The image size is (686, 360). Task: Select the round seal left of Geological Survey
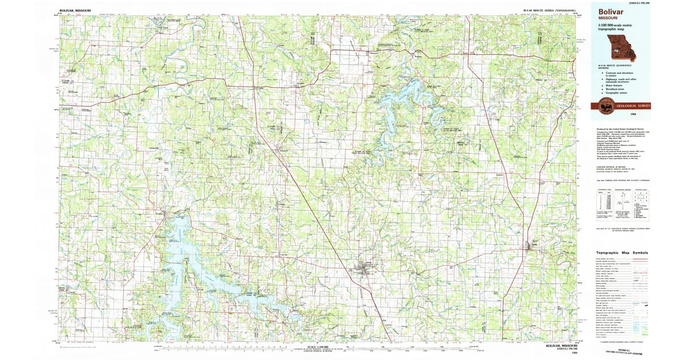coord(606,105)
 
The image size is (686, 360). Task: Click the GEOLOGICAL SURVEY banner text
coord(633,105)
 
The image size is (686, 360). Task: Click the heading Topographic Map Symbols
coord(624,252)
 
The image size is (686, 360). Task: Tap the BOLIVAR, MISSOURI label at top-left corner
coord(77,10)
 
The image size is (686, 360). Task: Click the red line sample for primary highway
coord(640,259)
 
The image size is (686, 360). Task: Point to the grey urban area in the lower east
coord(531,246)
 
